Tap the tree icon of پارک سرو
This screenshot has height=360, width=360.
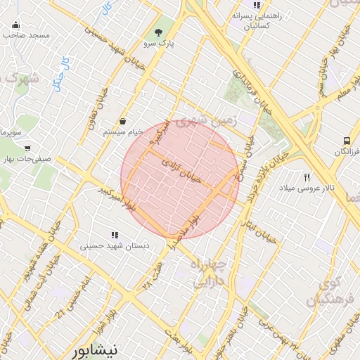159,32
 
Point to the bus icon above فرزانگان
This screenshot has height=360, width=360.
347,141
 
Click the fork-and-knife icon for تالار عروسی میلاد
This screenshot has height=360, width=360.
307,177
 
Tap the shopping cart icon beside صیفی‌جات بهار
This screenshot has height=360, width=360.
27,148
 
